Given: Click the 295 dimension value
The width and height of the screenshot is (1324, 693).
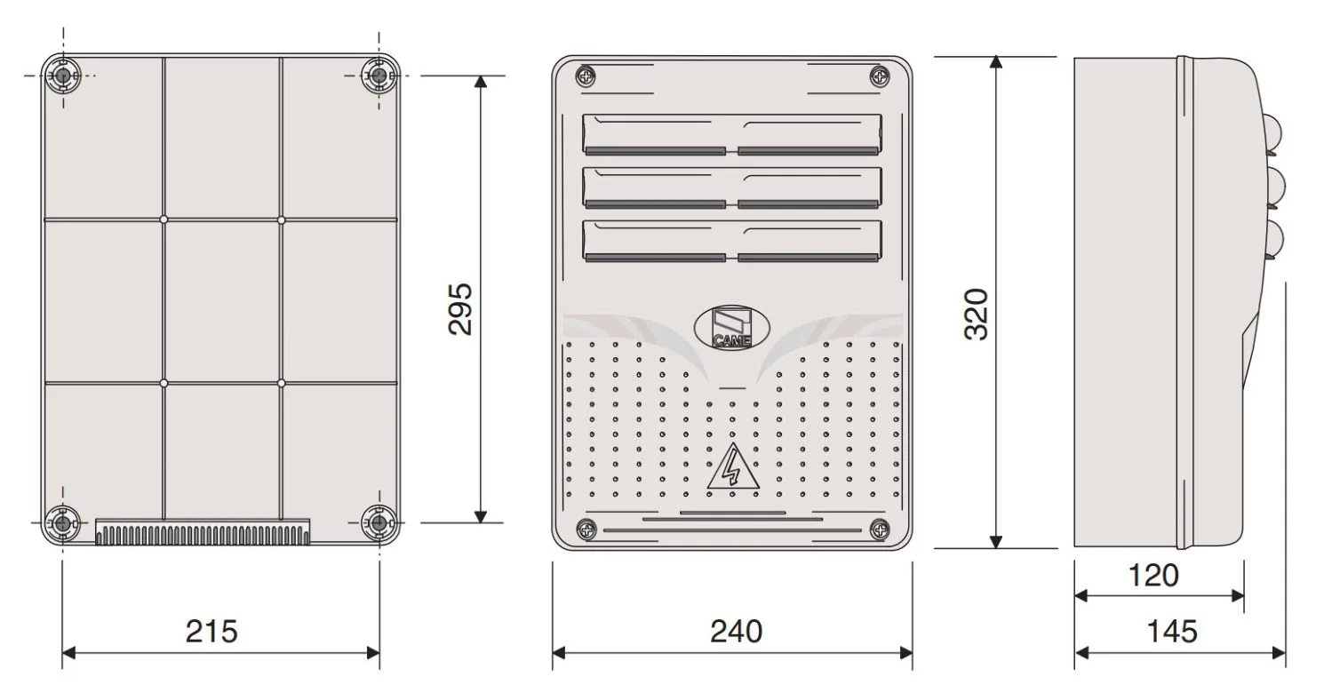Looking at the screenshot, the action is (460, 309).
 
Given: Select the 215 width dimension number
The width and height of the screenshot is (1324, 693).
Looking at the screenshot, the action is (211, 631).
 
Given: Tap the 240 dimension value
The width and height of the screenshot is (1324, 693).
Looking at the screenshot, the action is (736, 631).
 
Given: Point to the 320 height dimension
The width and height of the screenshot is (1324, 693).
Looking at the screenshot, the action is (976, 314).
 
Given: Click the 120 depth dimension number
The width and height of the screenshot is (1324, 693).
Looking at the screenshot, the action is (1153, 576).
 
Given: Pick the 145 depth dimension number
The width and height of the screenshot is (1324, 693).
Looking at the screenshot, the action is (1172, 631).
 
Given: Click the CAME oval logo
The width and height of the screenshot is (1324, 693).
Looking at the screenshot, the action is (731, 327).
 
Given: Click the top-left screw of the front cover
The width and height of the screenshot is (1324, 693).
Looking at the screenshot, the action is (586, 76).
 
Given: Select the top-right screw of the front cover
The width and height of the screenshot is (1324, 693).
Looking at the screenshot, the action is (880, 76).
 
